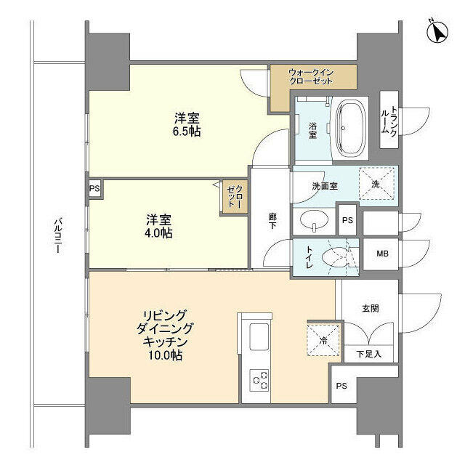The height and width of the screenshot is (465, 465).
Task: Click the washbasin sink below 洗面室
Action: pos(314,221)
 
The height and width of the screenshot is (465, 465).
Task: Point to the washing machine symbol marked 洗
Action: pos(376,185)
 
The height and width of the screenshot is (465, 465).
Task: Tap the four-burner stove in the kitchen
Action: pos(259,379)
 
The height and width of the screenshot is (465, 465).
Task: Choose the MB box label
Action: pos(381,254)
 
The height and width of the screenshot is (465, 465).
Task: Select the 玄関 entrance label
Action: pos(370,308)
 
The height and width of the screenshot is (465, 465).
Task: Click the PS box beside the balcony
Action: pos(94,188)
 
